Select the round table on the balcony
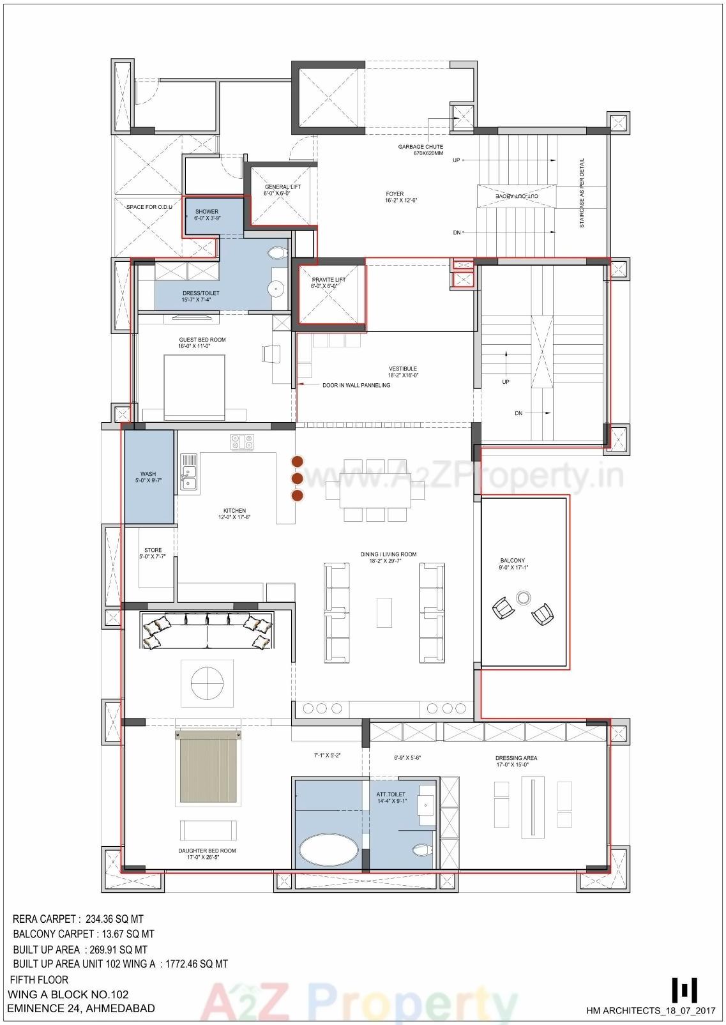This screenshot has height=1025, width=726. pyautogui.click(x=523, y=598)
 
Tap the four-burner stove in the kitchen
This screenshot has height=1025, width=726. pyautogui.click(x=243, y=441)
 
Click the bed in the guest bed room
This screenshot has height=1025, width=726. pyautogui.click(x=194, y=388)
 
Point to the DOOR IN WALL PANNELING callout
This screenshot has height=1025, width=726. pyautogui.click(x=356, y=385)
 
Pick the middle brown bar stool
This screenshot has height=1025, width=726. pyautogui.click(x=297, y=478)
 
